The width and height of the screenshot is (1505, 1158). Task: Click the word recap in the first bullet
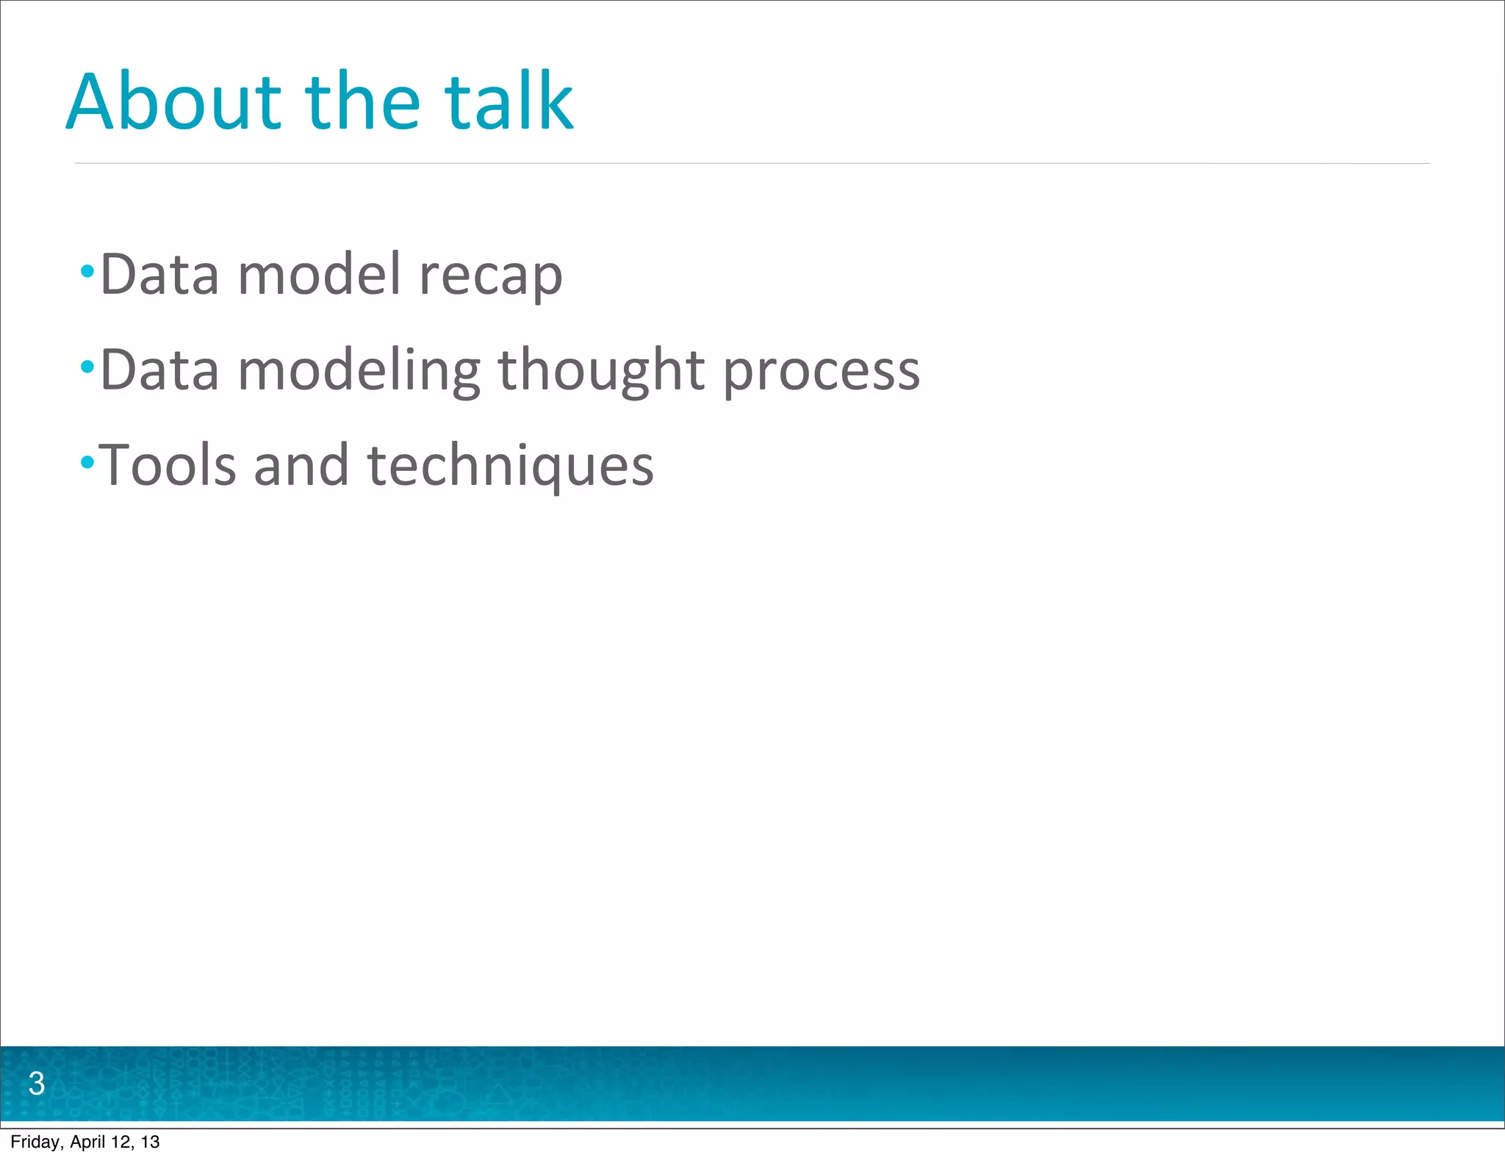(490, 276)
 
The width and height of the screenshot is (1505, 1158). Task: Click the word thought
(601, 371)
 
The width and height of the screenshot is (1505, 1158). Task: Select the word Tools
(168, 465)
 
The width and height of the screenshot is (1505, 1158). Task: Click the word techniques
(510, 467)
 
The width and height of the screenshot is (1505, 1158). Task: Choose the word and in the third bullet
(301, 465)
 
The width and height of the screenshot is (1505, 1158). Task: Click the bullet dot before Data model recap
(87, 271)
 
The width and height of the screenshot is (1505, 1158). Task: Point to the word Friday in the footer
(36, 1142)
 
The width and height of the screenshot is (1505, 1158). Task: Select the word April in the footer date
(87, 1142)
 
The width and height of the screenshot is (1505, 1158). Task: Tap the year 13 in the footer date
(150, 1142)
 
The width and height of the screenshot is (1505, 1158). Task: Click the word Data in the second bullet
(159, 370)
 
